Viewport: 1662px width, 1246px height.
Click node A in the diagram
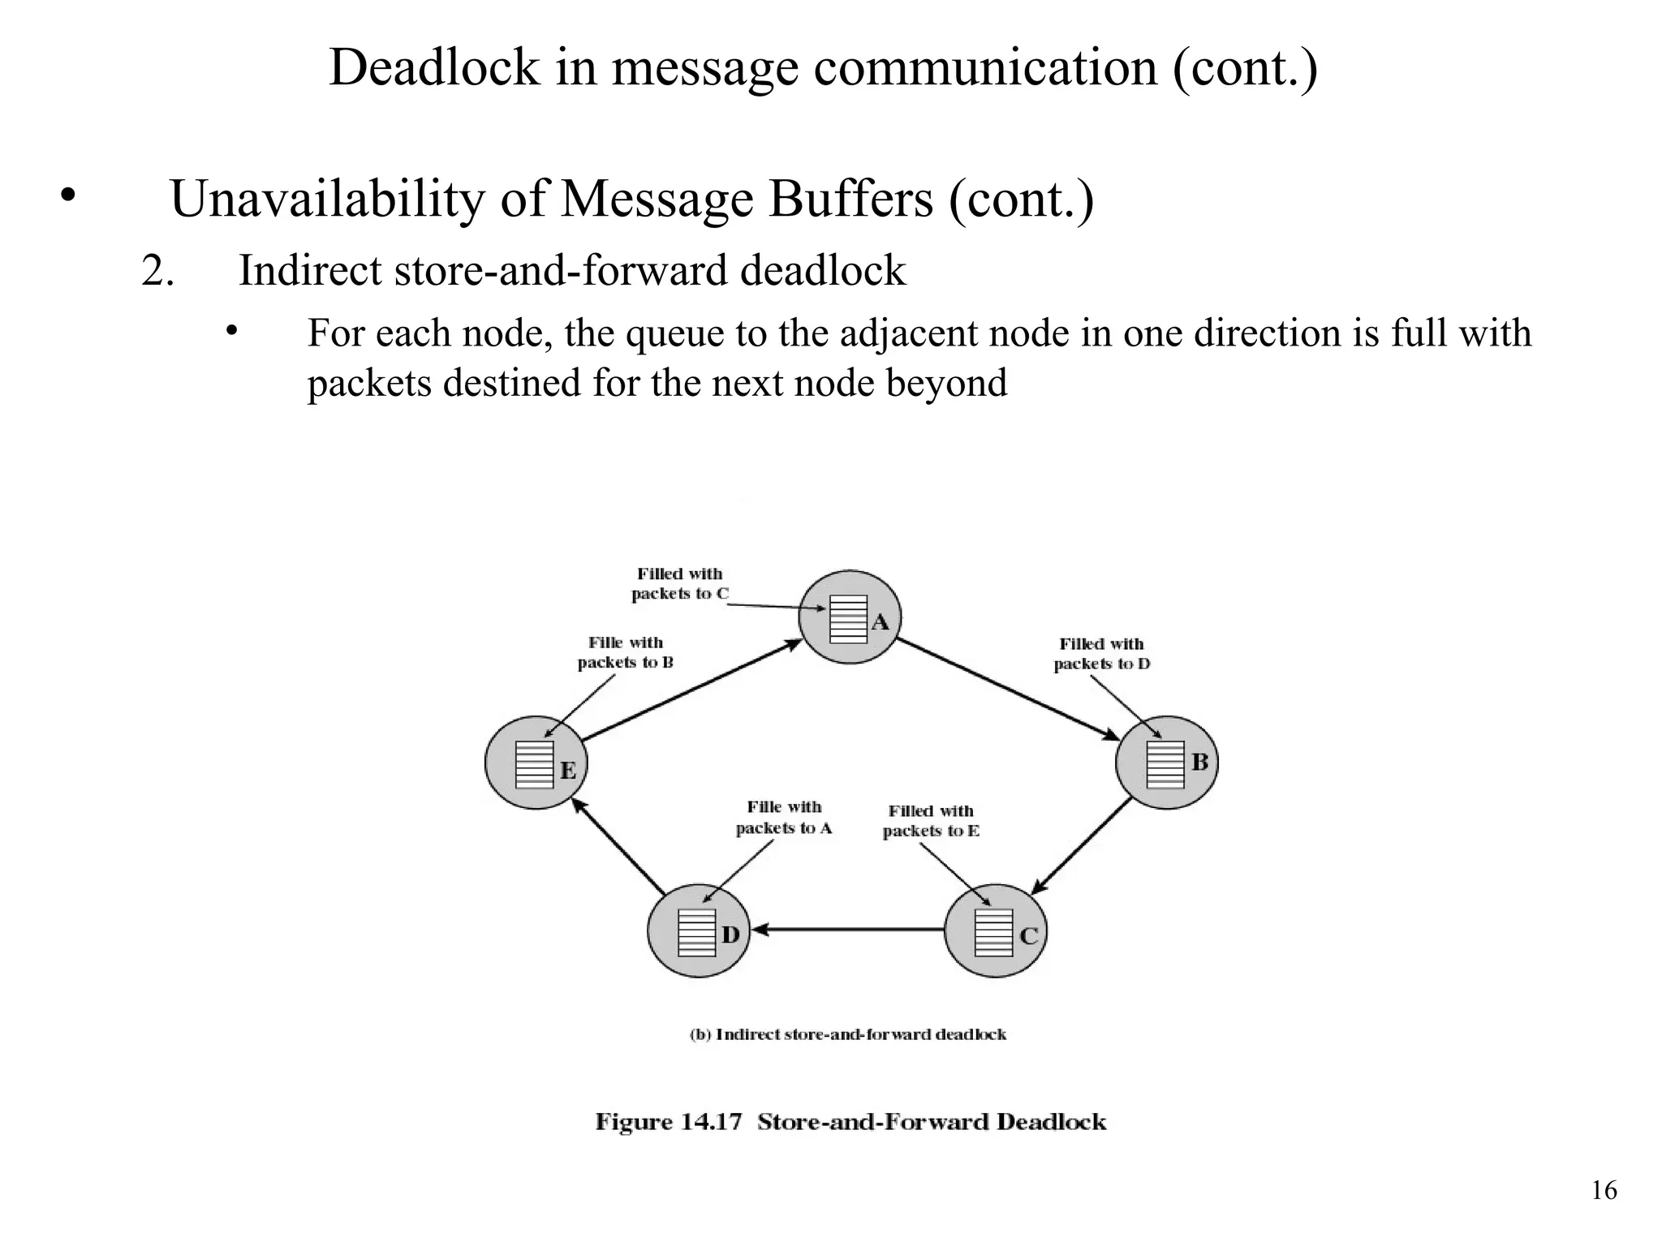coord(850,617)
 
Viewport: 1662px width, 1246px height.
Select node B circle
coord(1167,763)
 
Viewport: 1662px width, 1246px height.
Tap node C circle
coord(997,931)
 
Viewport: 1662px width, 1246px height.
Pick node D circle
coord(699,931)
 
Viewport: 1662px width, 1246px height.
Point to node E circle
coord(536,763)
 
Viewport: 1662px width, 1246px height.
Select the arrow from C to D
coord(848,930)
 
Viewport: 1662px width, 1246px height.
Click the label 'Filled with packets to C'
coord(680,584)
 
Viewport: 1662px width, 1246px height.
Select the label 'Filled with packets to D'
coord(1101,654)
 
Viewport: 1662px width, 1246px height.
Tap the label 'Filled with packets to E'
coord(931,821)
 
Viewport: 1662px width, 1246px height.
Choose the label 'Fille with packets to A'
coord(784,818)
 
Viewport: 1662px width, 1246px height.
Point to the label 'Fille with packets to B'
coord(626,652)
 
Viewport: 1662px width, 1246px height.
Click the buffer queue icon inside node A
coord(848,620)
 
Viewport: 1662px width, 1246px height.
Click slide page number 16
coord(1604,1190)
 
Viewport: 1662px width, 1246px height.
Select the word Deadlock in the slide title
coord(434,67)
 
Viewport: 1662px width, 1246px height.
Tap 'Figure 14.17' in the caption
coord(669,1122)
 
